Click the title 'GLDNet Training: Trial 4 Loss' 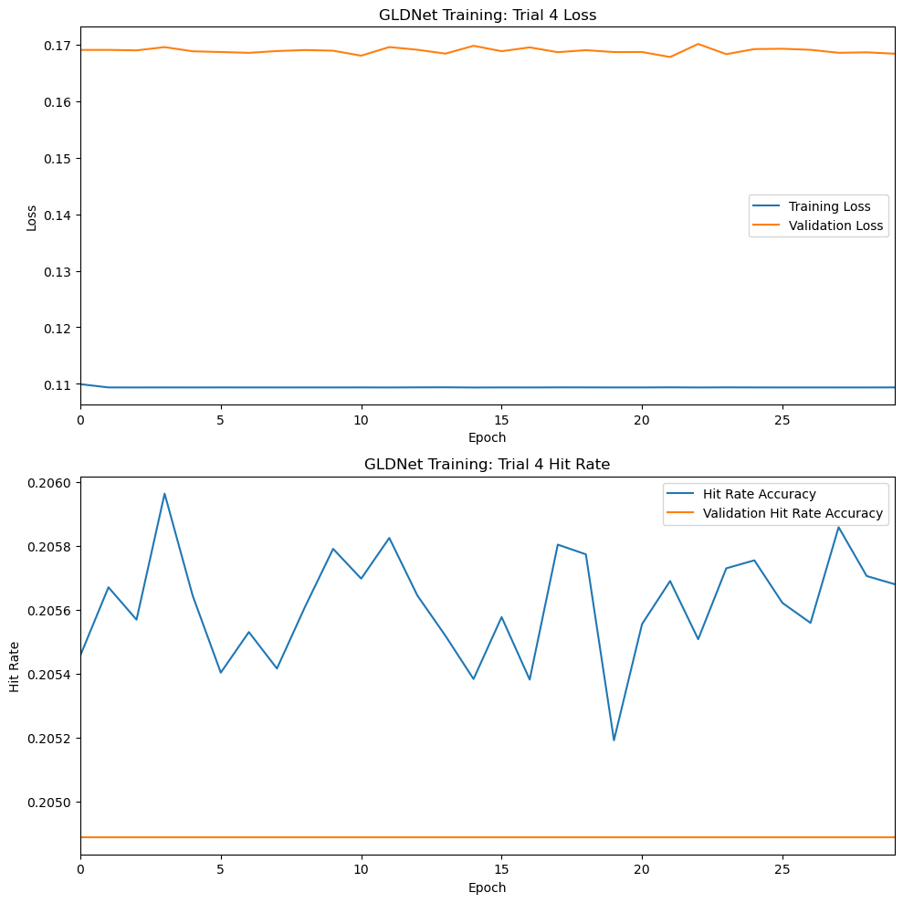click(487, 15)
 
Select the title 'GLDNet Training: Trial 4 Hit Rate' click(487, 465)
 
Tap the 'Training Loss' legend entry click(829, 206)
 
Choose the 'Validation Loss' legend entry click(836, 226)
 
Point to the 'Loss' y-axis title click(32, 217)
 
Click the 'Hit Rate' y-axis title click(14, 666)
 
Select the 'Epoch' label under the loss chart click(487, 437)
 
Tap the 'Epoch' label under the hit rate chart click(487, 887)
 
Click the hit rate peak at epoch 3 click(164, 494)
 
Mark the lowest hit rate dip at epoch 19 click(614, 740)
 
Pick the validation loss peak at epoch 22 click(698, 44)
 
